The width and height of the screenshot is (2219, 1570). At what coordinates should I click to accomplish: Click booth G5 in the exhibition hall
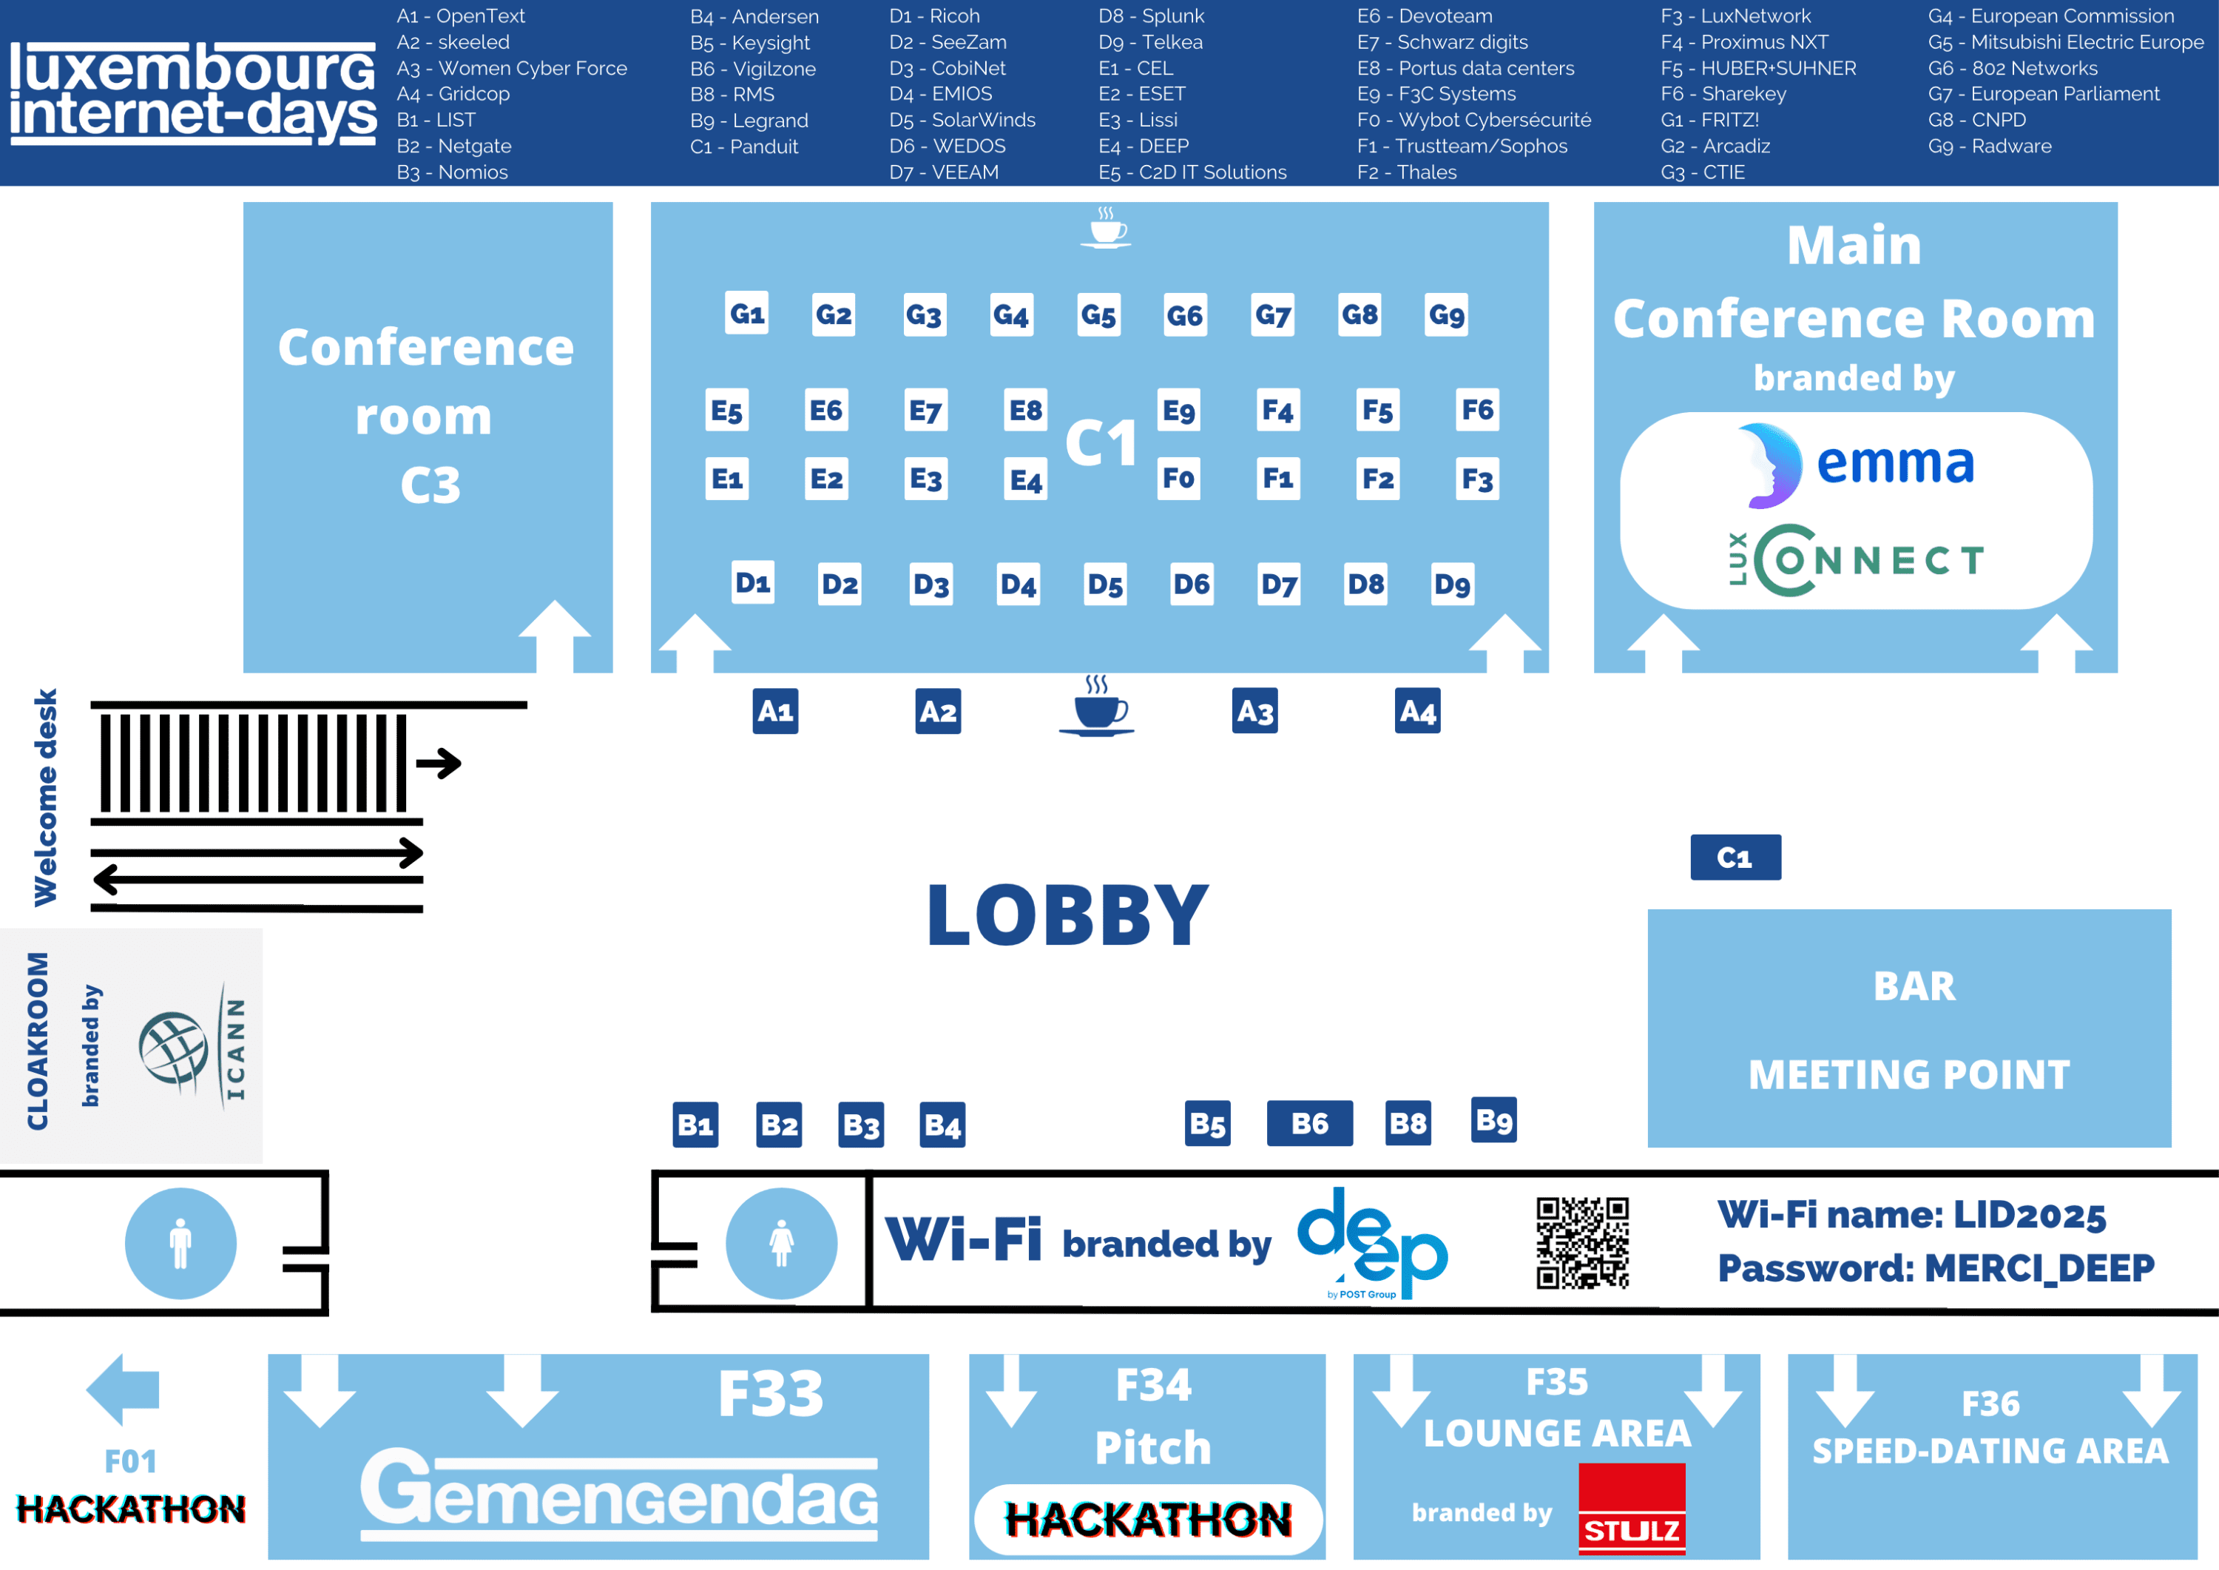[1099, 315]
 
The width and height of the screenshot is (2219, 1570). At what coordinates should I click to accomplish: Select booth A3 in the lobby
[1254, 712]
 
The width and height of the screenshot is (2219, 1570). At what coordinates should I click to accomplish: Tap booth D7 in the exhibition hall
[1279, 584]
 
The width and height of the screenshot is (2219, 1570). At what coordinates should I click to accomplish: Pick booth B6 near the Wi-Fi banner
[1309, 1123]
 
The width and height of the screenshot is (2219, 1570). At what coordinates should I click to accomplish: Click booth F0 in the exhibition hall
[1178, 479]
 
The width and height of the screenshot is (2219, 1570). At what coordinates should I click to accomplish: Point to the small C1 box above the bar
[1735, 858]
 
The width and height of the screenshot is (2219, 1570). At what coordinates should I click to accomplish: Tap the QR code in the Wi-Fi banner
[1582, 1242]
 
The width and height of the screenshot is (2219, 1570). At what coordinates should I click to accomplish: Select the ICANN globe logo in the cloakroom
[174, 1050]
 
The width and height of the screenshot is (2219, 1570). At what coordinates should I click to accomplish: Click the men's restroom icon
[180, 1243]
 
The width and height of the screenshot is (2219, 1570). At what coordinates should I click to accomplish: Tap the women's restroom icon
[781, 1243]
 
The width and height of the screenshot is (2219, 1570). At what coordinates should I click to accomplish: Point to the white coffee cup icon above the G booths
[1107, 229]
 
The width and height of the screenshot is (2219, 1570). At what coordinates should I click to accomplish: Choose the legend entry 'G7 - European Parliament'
[2043, 94]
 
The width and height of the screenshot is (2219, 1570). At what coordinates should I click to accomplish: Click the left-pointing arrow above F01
[123, 1389]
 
